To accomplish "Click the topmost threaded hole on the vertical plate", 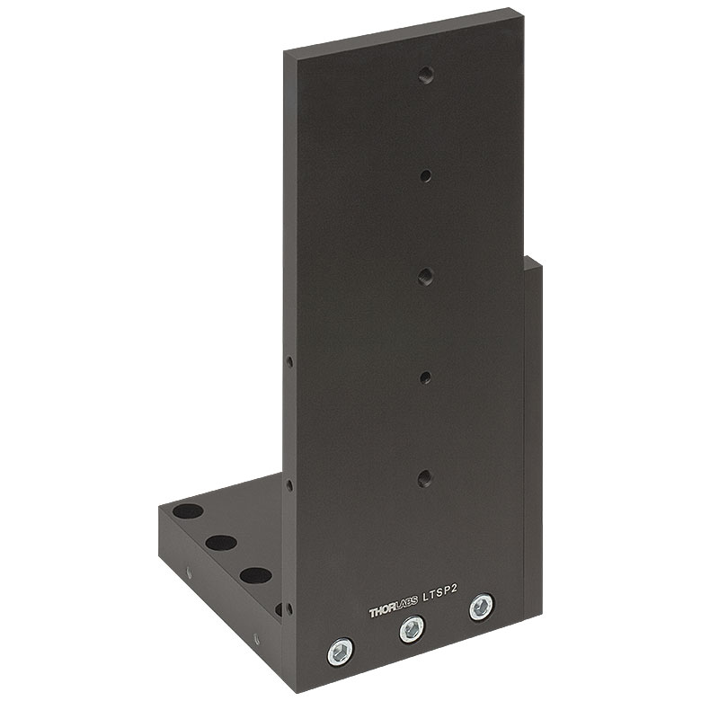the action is coord(427,75).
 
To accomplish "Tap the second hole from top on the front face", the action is coord(426,175).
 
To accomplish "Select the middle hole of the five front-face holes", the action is coord(426,277).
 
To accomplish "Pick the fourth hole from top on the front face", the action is coord(425,378).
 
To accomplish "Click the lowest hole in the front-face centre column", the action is coord(425,479).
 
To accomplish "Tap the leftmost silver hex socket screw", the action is coord(341,652).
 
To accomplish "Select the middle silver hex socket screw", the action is coord(412,629).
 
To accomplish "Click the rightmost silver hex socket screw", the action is coord(482,607).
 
